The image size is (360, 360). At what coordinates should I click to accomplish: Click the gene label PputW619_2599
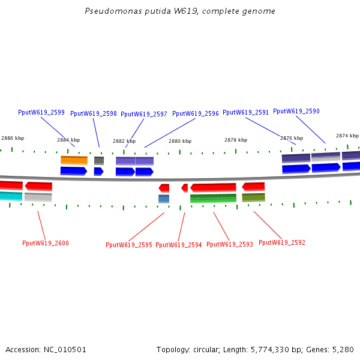pos(41,112)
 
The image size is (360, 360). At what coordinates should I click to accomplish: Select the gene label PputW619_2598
pos(94,113)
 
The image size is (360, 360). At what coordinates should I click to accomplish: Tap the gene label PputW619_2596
pos(196,113)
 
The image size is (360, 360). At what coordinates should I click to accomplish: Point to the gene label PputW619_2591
pos(245,112)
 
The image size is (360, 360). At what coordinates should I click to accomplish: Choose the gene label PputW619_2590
pos(296,111)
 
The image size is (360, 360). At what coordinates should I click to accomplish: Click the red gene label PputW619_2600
pos(46,243)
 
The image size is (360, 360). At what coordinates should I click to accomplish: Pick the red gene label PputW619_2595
pos(129,245)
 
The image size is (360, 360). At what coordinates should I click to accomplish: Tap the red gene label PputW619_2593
pos(230,244)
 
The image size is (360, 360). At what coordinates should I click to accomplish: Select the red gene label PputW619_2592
pos(282,242)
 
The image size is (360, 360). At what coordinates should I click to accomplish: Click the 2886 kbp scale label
pos(13,138)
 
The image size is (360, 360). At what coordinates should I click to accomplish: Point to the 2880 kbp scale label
pos(180,141)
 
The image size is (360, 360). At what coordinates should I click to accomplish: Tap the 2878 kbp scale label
pos(236,140)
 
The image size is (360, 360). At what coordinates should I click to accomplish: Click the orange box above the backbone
pos(74,160)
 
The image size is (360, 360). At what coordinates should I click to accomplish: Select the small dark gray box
pos(99,161)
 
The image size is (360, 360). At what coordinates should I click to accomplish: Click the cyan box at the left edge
pos(11,196)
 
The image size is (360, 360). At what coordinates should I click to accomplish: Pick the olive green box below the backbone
pos(253,197)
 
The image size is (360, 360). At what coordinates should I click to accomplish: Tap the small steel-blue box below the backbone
pos(164,199)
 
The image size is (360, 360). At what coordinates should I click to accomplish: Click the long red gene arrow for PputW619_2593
pos(213,188)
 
